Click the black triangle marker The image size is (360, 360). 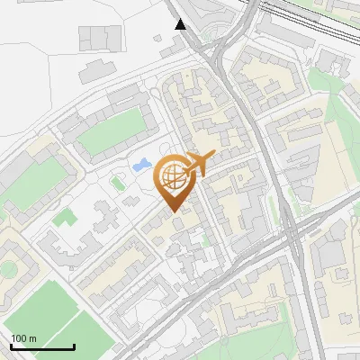[x=182, y=24]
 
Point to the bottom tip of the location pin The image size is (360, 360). [x=174, y=211]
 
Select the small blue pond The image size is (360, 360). [x=141, y=166]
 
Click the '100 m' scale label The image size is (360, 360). [x=23, y=338]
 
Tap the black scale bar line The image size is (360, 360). [x=41, y=346]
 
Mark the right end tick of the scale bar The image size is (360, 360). [x=73, y=345]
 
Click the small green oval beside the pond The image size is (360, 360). [x=116, y=184]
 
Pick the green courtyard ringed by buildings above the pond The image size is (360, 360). [x=110, y=131]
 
